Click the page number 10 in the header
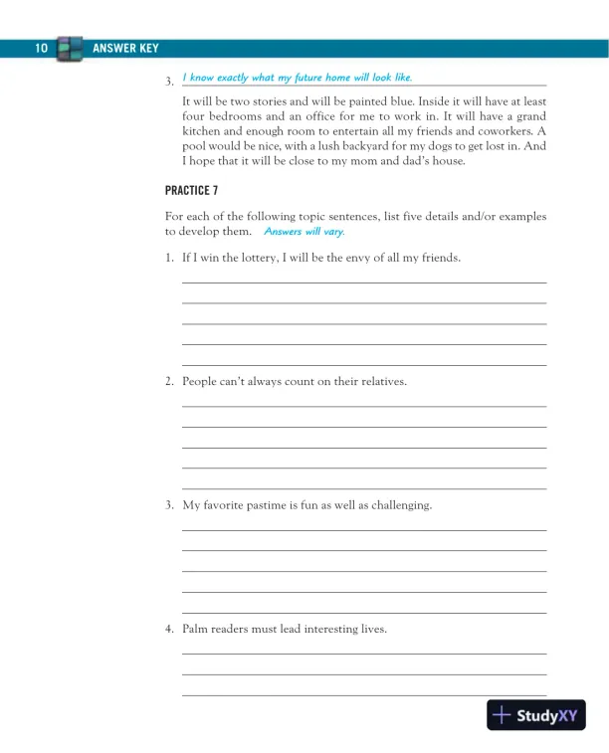point(41,49)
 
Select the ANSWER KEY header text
point(124,49)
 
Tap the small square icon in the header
point(70,49)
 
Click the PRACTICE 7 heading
point(191,190)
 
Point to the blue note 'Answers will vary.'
point(304,232)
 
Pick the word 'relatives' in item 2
point(379,381)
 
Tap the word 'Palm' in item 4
point(195,629)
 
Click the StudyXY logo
point(536,715)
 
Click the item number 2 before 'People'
point(169,381)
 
